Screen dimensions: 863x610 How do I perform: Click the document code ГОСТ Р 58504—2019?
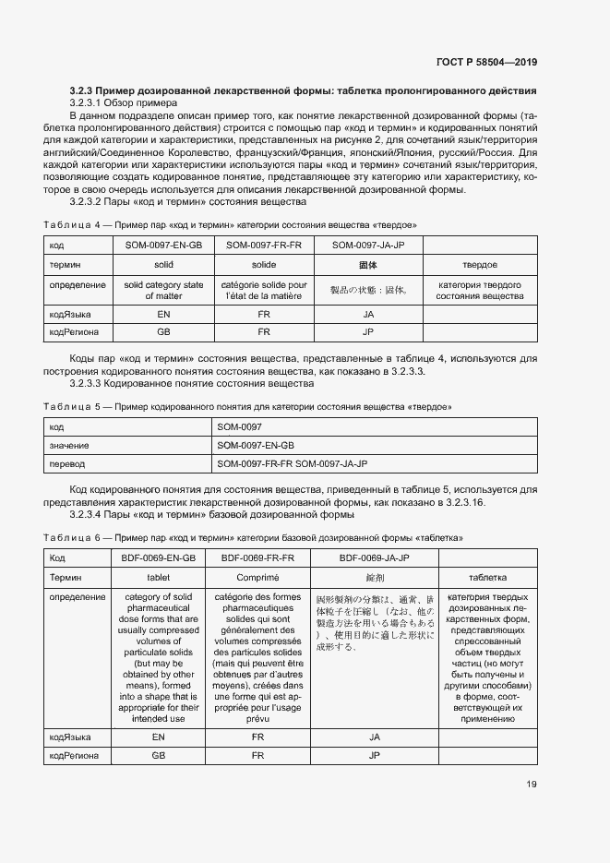point(487,62)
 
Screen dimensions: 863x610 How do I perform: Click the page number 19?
point(531,785)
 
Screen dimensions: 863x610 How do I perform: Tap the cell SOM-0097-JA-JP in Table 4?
point(368,246)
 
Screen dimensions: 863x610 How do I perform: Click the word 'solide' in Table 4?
point(265,265)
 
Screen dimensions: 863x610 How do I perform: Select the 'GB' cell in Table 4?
point(163,331)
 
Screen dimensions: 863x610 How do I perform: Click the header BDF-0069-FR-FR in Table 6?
point(258,558)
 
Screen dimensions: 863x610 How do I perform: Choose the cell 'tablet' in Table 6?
point(159,577)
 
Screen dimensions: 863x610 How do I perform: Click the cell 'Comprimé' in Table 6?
point(258,577)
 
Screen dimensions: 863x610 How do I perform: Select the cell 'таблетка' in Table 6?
point(487,577)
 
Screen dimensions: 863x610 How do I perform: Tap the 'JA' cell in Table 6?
point(375,737)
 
